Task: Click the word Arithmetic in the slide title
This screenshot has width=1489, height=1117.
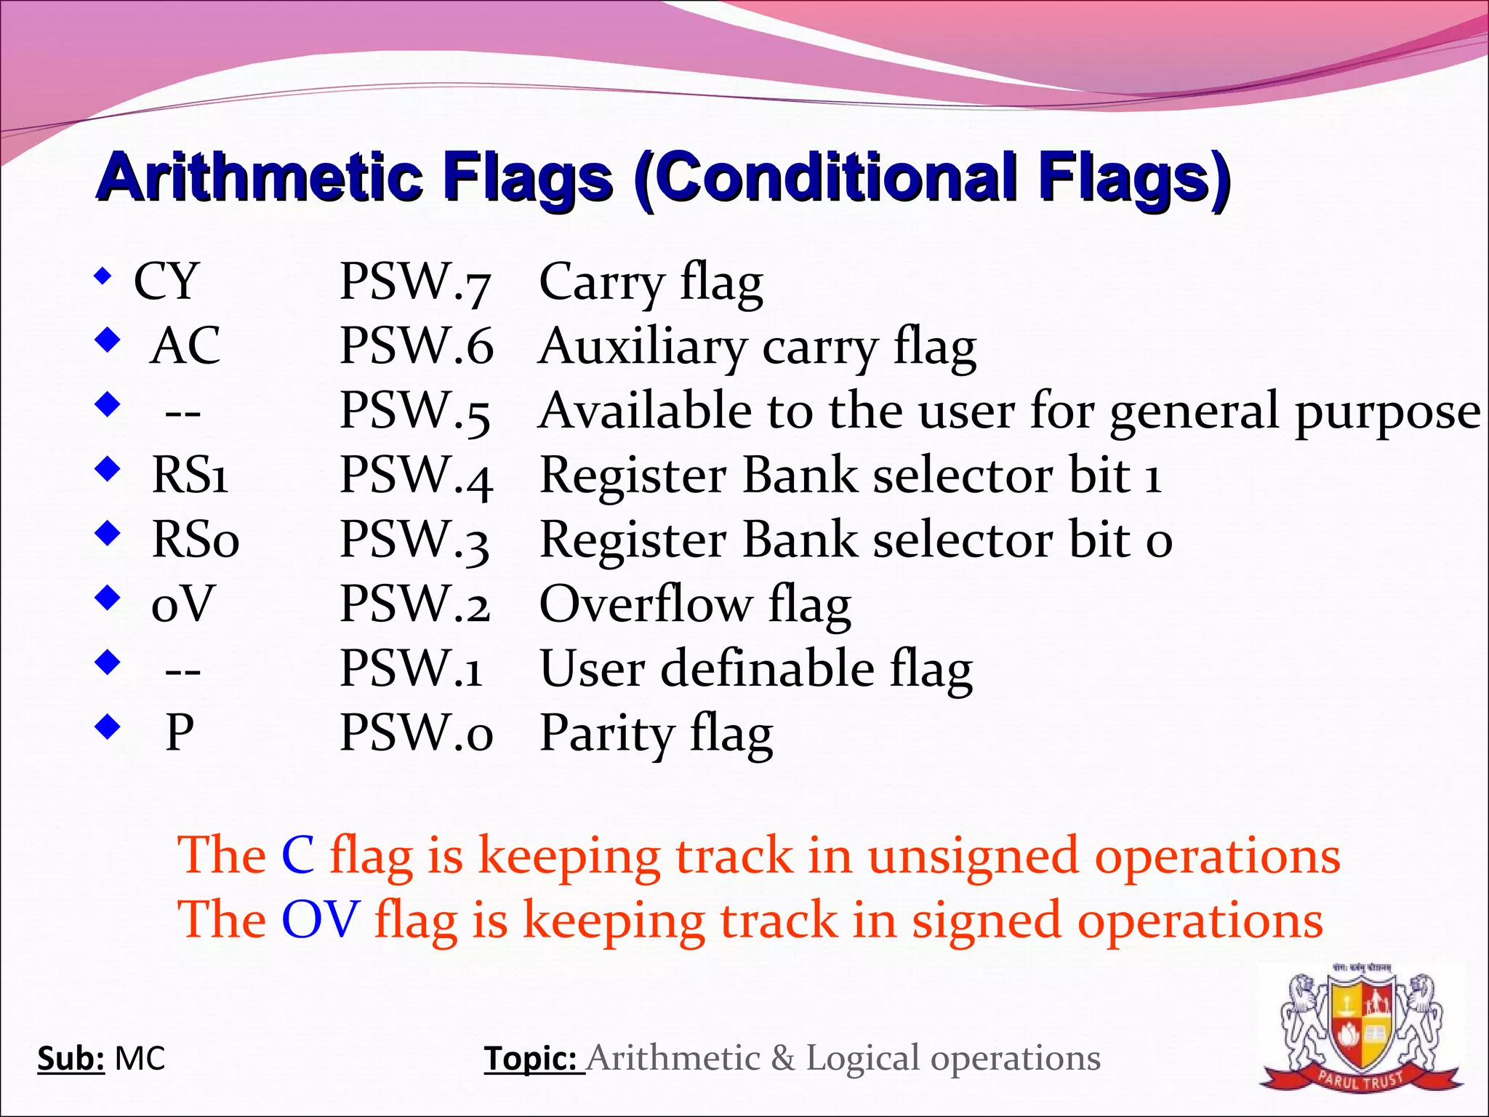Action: [x=260, y=178]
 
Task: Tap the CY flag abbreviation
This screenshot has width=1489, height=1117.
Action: [x=166, y=281]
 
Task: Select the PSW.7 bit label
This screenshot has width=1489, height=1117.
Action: [x=416, y=281]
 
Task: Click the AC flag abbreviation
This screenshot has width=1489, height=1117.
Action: [x=185, y=345]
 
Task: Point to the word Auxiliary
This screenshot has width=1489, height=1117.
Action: [x=643, y=347]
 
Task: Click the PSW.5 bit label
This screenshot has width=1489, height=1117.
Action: [x=416, y=411]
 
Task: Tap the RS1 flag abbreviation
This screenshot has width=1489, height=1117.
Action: [x=190, y=476]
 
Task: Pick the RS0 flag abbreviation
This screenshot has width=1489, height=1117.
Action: [x=195, y=540]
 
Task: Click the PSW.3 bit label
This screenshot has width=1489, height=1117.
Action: [x=415, y=540]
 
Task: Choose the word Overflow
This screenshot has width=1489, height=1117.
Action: [x=646, y=604]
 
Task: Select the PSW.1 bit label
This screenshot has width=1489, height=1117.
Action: [x=412, y=668]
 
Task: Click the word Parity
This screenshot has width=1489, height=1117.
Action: [x=608, y=733]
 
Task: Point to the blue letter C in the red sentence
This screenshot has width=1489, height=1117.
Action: [x=298, y=855]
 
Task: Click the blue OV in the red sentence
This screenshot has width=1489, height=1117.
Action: [x=321, y=919]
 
